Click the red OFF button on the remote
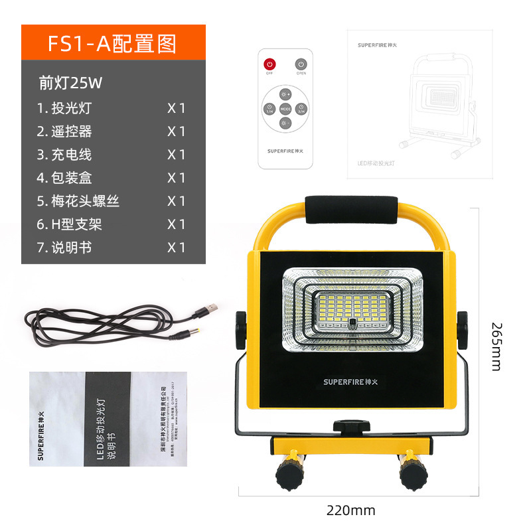269,65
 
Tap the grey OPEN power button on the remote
301,65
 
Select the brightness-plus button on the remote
285,94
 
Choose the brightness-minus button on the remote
285,123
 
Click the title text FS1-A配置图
113,43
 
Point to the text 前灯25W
71,84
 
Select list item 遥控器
72,131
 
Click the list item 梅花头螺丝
86,201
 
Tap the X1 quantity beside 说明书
177,248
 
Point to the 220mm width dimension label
350,510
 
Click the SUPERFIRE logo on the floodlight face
351,382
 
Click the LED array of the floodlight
351,309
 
